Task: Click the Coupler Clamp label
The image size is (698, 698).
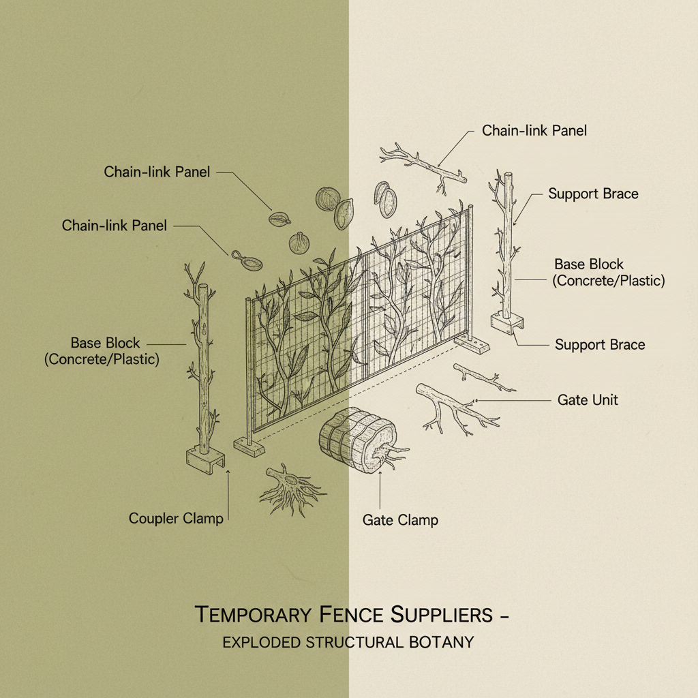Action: pos(176,519)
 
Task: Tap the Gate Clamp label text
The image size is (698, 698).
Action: pos(400,520)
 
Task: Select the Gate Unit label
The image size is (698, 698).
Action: pos(588,399)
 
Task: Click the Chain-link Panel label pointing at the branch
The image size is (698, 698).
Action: pos(534,130)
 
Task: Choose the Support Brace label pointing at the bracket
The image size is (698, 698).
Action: pos(599,344)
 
